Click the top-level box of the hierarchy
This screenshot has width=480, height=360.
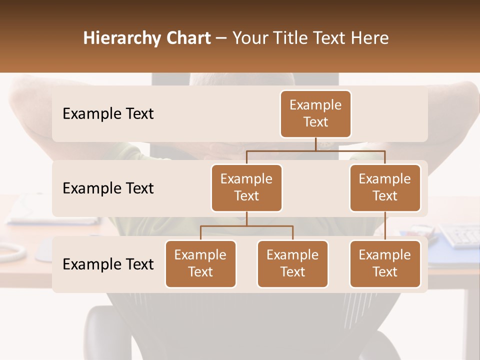315,114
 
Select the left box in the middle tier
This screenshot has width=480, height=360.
246,188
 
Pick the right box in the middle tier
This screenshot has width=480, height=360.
385,188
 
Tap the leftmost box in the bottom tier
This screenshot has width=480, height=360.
200,264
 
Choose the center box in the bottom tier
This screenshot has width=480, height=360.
292,264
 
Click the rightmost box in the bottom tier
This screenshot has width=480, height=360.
385,264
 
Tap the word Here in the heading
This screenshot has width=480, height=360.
370,38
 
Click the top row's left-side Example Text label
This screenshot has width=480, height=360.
108,114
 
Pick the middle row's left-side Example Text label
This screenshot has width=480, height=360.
108,188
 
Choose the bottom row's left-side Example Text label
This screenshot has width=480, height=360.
108,264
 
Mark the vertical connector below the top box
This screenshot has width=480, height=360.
315,144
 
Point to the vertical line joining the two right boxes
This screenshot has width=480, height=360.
385,226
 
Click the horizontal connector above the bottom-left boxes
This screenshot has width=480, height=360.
246,226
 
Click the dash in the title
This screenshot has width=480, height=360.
221,38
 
